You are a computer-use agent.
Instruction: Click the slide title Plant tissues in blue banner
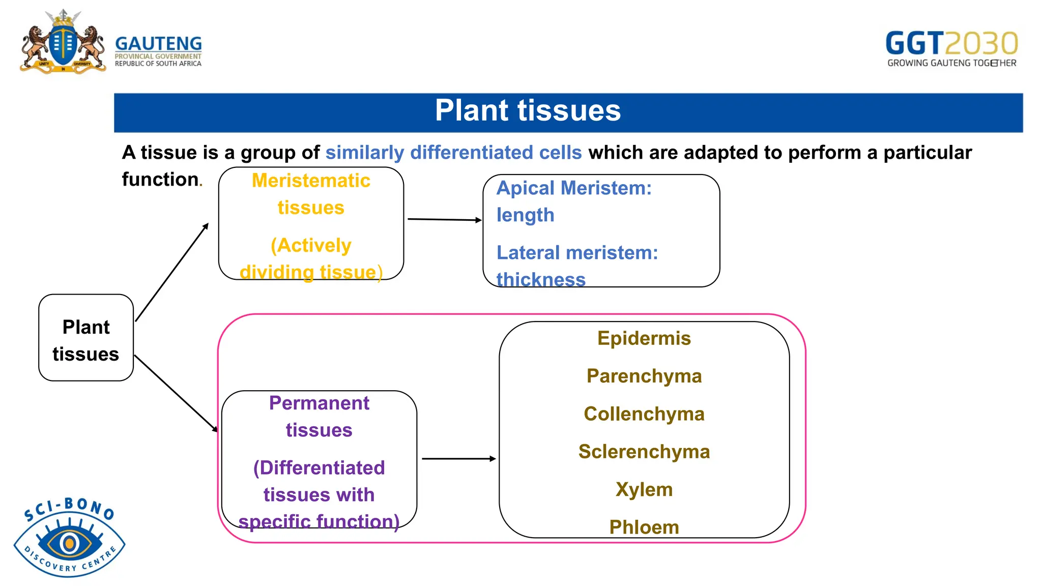pyautogui.click(x=528, y=111)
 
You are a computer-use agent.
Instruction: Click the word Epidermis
pyautogui.click(x=644, y=338)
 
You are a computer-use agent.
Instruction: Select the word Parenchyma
pyautogui.click(x=644, y=376)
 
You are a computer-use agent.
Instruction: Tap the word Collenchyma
pyautogui.click(x=644, y=414)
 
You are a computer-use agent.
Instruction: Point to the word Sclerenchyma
pyautogui.click(x=644, y=452)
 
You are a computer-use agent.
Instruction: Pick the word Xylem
pyautogui.click(x=644, y=489)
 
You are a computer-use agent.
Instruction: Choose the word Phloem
pyautogui.click(x=644, y=527)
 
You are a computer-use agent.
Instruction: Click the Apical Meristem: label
pyautogui.click(x=574, y=188)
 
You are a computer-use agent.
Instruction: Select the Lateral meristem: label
pyautogui.click(x=577, y=253)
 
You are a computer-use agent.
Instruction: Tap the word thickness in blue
pyautogui.click(x=541, y=280)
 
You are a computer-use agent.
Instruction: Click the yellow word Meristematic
pyautogui.click(x=311, y=181)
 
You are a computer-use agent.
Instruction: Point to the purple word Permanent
pyautogui.click(x=319, y=403)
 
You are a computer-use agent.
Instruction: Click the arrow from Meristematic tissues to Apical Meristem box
pyautogui.click(x=444, y=220)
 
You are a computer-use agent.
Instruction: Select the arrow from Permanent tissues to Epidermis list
pyautogui.click(x=458, y=459)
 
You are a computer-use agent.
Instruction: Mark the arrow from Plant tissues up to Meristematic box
pyautogui.click(x=172, y=272)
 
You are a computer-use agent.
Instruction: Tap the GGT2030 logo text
pyautogui.click(x=951, y=43)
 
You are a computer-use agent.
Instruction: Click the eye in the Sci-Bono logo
pyautogui.click(x=69, y=543)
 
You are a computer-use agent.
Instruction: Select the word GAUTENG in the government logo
pyautogui.click(x=158, y=44)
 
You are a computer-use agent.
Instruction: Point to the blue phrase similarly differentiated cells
pyautogui.click(x=453, y=153)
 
